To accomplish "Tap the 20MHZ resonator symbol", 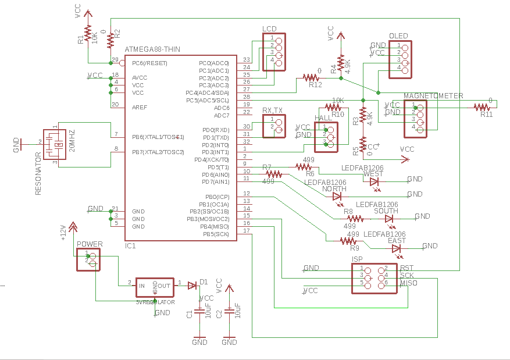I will coord(56,144).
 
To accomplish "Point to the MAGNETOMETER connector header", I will coord(419,118).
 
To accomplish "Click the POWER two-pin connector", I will coord(88,259).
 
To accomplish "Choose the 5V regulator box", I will coord(154,286).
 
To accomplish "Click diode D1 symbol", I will coord(192,285).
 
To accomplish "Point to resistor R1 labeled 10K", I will coord(88,34).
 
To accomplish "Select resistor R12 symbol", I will coord(311,77).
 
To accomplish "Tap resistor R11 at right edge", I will coord(482,107).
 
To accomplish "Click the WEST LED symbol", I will coord(375,181).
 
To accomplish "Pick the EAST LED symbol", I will coord(397,248).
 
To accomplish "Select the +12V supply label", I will coord(64,232).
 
